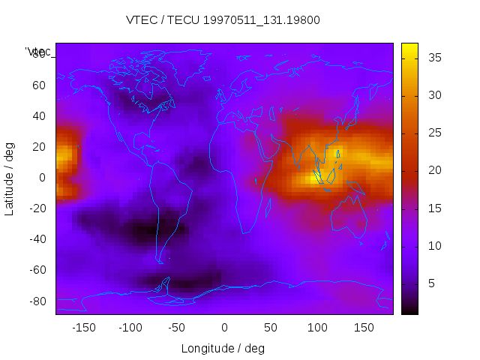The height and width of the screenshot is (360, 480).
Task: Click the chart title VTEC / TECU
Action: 223,20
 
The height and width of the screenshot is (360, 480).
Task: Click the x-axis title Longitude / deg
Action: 223,349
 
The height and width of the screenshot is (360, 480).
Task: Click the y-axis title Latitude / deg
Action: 10,178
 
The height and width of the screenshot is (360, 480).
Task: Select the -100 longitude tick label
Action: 130,328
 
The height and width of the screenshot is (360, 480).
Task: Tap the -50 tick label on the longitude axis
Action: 177,328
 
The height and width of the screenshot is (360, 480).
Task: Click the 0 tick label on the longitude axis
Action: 223,328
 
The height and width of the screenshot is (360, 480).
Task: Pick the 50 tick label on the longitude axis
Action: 270,328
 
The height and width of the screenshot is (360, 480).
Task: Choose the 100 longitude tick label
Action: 317,328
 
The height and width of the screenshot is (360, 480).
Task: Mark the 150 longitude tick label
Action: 364,328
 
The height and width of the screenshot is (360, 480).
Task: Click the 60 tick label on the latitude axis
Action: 38,85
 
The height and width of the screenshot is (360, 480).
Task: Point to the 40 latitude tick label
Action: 38,116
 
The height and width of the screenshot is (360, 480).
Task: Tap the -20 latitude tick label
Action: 36,208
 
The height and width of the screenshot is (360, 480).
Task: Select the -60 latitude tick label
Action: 36,270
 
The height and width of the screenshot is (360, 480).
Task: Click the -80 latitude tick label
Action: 36,301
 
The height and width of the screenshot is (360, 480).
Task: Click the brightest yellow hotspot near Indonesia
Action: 315,178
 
